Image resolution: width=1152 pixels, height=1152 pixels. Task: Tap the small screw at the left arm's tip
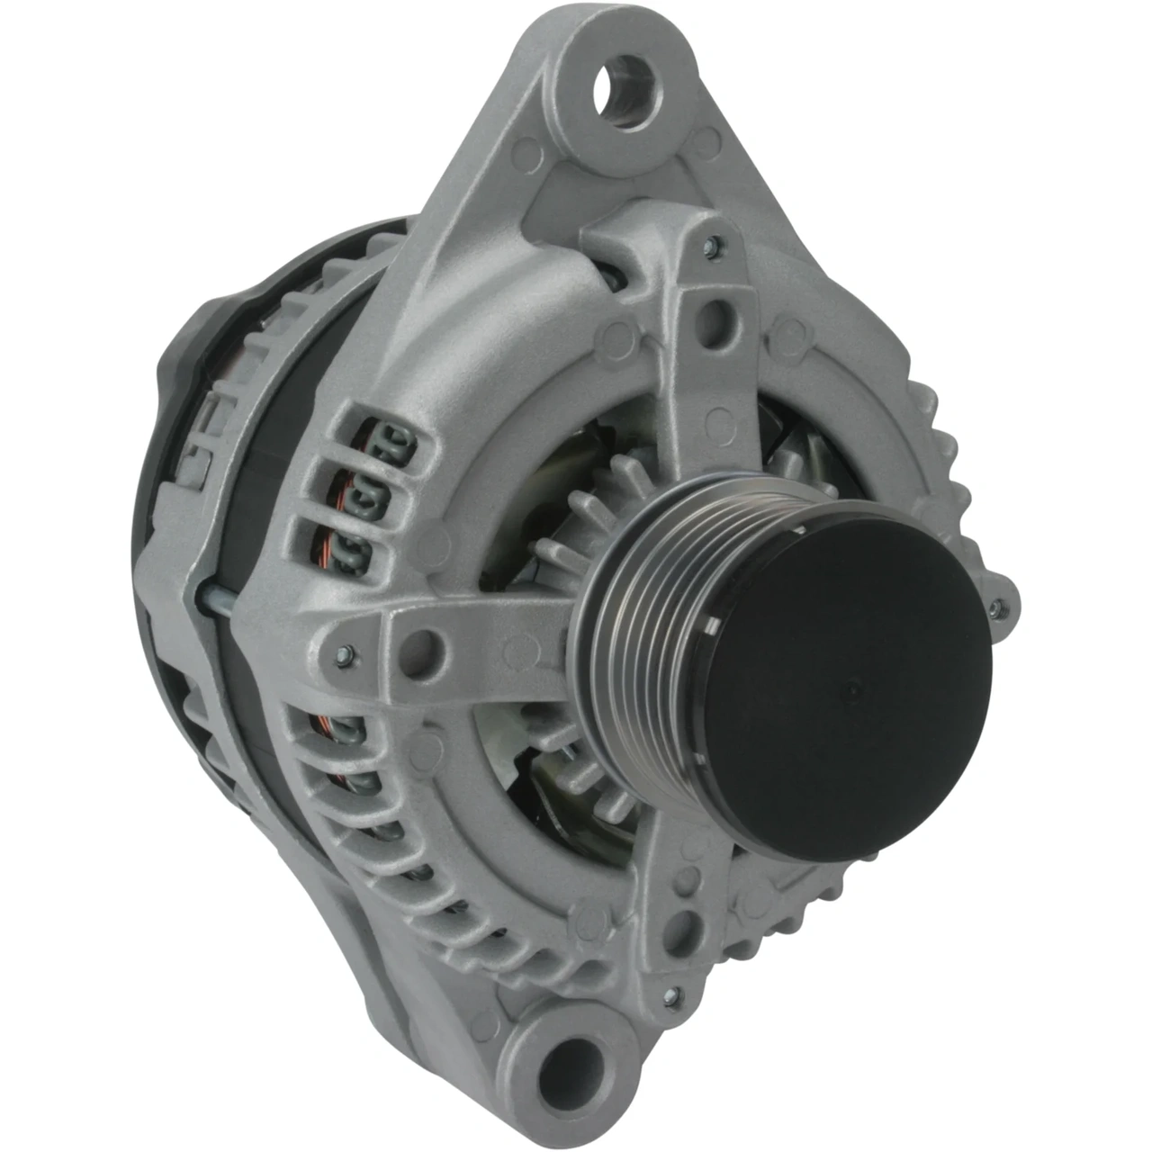tap(343, 655)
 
